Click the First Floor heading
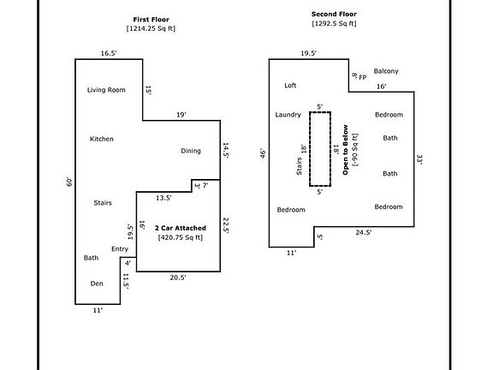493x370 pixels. tap(151, 20)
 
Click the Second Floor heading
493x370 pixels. tap(334, 15)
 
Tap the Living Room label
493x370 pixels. tap(106, 90)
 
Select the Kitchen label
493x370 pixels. tap(102, 139)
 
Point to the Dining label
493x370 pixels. tap(191, 151)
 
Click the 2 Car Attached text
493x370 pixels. tap(181, 228)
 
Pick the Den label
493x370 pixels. tap(97, 283)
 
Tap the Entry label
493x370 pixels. tap(120, 249)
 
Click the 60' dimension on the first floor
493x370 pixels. tap(69, 182)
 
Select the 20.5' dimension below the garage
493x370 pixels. tap(178, 277)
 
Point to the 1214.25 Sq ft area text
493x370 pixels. tap(151, 28)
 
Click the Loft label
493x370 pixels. tap(290, 86)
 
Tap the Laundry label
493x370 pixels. tap(288, 115)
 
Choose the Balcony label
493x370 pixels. tap(386, 71)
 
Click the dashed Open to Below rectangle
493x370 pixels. tap(310, 149)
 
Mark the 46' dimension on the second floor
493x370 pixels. tap(263, 154)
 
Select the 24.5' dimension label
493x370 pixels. tap(364, 232)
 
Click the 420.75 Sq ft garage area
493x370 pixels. tap(181, 237)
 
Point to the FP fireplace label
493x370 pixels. tap(363, 77)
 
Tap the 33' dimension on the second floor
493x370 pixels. tap(419, 159)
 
